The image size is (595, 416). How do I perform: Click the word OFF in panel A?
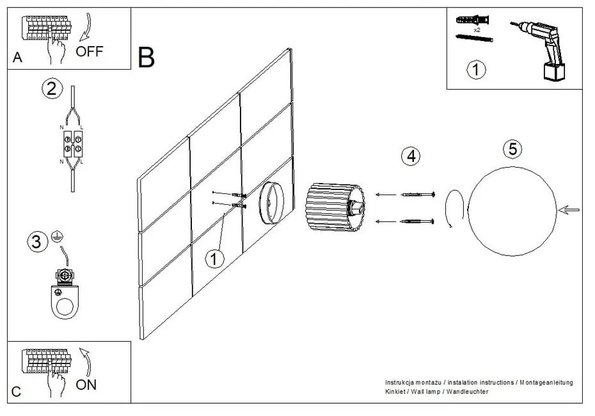point(89,51)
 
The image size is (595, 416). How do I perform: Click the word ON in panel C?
point(86,385)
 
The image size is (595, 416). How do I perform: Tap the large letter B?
point(146,58)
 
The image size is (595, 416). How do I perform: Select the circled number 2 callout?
point(52,88)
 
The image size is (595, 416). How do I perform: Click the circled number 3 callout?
point(36,241)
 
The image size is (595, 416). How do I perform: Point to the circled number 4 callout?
point(411,156)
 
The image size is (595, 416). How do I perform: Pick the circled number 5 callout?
point(512,149)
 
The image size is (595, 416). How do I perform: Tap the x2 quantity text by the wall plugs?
point(477,29)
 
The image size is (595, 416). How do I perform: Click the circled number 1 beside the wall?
point(215,259)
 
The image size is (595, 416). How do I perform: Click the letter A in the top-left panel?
point(17,58)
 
